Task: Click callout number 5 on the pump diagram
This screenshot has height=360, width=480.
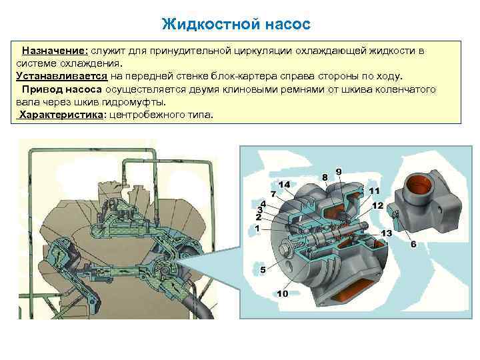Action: click(263, 270)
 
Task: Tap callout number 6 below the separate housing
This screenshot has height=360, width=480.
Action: click(413, 245)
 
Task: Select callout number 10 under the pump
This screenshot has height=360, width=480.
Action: click(282, 293)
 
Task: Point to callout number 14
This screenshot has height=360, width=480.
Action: click(284, 184)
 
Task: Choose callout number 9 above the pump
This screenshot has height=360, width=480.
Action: click(339, 171)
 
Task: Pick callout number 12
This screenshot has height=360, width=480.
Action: click(378, 205)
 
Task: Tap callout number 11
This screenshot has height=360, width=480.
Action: click(374, 191)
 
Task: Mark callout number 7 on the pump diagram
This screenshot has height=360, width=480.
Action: click(273, 193)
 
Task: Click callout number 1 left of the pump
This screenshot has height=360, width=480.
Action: click(257, 227)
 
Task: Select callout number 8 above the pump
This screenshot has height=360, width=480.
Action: click(325, 177)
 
